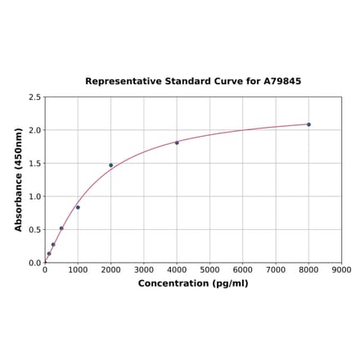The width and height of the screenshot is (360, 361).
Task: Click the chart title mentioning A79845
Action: tap(193, 82)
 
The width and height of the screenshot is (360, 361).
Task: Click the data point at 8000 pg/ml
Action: tap(308, 124)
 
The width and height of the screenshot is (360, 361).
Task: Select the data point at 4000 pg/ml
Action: tap(177, 142)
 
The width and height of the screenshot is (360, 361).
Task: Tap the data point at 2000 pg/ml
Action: tap(111, 165)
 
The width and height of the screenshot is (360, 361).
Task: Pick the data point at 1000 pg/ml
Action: tap(78, 207)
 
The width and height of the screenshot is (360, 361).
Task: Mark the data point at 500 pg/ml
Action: tap(61, 228)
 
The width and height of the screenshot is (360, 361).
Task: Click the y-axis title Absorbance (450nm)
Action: tap(19, 179)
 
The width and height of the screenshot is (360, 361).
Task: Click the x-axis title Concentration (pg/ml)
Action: tap(193, 283)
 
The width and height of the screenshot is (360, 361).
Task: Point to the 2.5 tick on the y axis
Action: tap(35, 97)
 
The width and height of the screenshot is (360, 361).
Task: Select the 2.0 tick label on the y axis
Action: tap(35, 130)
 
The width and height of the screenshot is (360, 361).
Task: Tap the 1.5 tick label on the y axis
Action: tap(35, 164)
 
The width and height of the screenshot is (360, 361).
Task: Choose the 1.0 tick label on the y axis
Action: tap(35, 196)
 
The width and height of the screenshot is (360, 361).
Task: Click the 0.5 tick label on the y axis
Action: tap(35, 230)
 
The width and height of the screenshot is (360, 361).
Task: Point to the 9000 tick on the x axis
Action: tap(342, 269)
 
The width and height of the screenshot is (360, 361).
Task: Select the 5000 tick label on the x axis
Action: tap(209, 269)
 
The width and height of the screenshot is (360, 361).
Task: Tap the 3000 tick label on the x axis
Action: tap(144, 269)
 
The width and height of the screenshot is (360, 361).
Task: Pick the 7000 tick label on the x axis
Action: tap(276, 269)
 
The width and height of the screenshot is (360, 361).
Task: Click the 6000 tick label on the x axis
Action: tap(243, 269)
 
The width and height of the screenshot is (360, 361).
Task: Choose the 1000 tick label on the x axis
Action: tap(78, 269)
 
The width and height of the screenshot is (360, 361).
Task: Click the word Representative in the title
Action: tap(120, 82)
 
